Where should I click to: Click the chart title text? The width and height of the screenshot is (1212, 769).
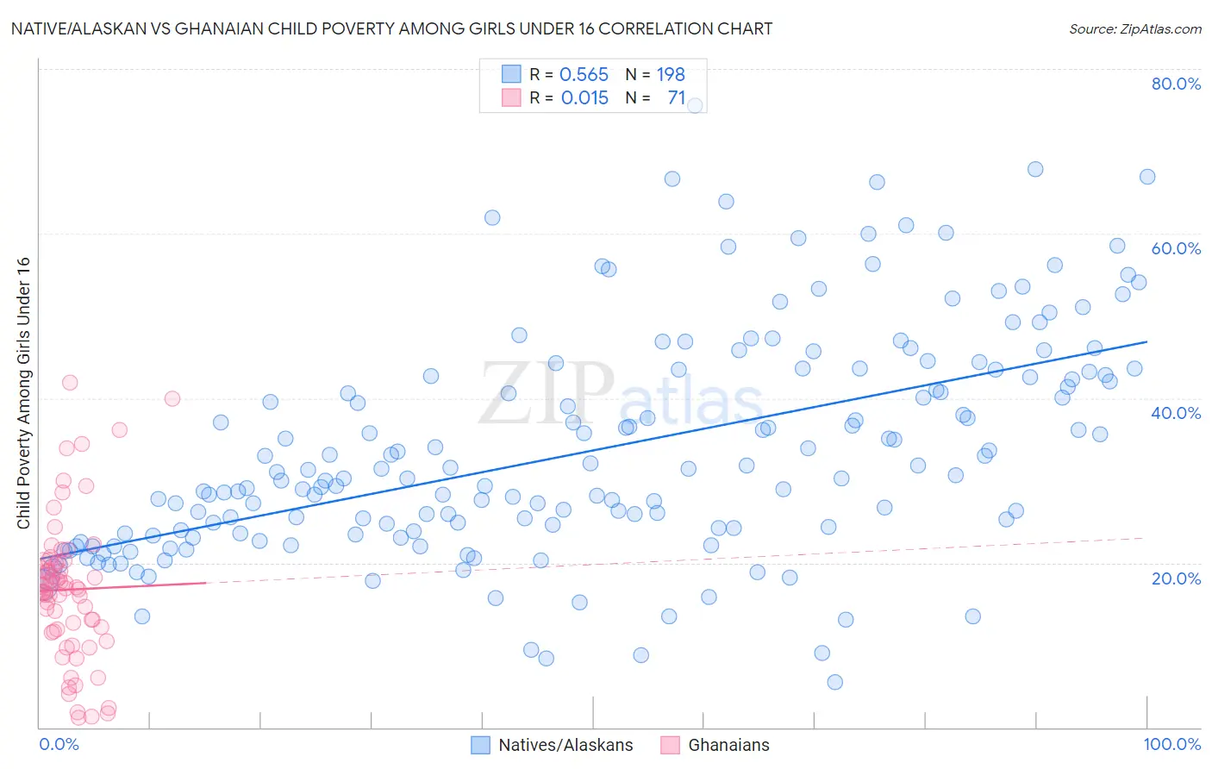(391, 28)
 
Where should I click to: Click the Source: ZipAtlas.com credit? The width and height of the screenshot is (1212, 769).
(1134, 28)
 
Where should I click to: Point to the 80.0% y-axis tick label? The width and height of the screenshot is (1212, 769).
(1176, 84)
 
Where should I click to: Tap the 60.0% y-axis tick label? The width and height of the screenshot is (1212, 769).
(1176, 248)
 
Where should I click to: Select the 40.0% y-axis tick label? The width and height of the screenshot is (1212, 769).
(1176, 413)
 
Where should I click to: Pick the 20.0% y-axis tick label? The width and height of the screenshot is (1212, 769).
(1176, 578)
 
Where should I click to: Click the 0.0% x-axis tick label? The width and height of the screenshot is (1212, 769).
(59, 744)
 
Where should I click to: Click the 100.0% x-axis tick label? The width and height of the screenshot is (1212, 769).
(1171, 744)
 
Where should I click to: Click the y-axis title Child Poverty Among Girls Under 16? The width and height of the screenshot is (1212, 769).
(23, 393)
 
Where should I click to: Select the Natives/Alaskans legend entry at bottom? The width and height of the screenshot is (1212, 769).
(552, 745)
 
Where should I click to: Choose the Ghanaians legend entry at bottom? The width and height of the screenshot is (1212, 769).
(715, 745)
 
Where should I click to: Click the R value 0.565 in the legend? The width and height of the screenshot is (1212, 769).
(584, 75)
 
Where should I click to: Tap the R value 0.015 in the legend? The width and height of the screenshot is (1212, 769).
(584, 98)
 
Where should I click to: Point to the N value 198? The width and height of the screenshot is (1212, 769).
(671, 75)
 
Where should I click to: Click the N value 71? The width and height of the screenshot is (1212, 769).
(676, 98)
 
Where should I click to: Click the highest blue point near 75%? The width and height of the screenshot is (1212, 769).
(695, 105)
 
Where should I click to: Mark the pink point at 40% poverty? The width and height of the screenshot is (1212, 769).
(172, 398)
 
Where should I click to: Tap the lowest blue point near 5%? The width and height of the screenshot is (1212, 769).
(834, 682)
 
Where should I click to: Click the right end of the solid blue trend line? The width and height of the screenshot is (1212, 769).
(1146, 342)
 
